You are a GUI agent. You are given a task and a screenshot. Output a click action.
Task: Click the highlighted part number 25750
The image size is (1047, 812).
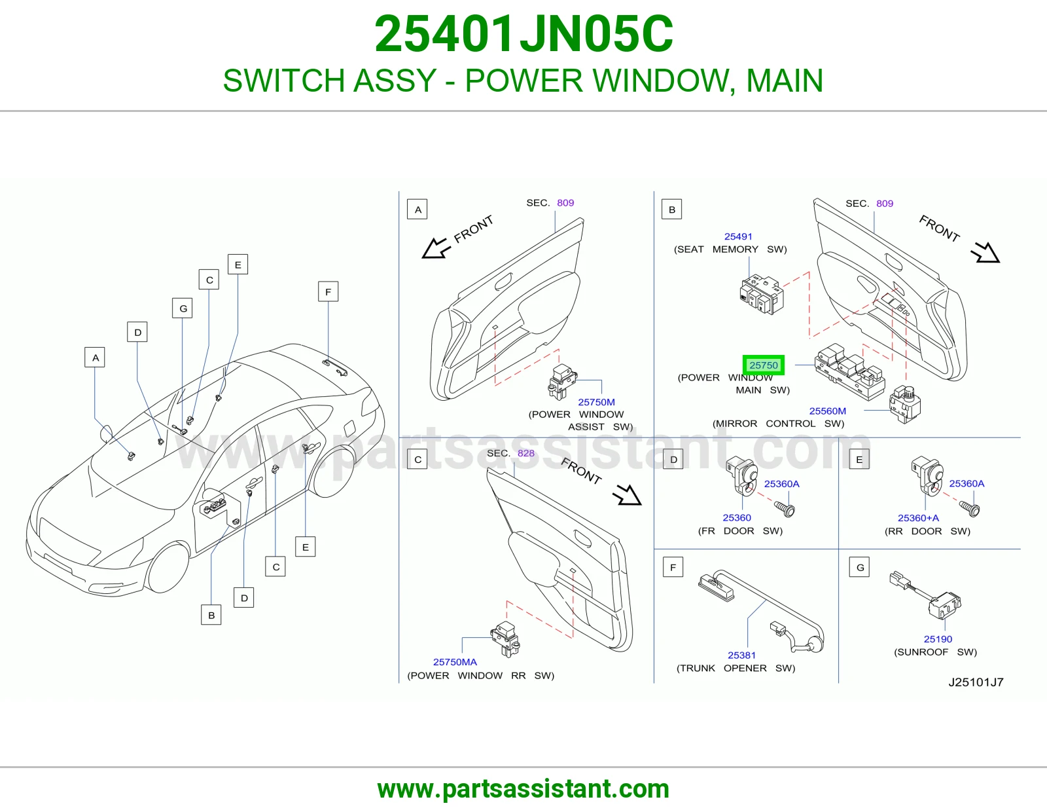click(764, 365)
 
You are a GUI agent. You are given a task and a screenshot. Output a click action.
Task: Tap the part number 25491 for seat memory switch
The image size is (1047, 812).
click(738, 236)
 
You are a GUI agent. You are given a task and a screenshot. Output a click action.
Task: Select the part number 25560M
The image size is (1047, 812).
click(827, 411)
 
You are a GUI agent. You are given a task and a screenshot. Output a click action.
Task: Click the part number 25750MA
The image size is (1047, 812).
click(455, 662)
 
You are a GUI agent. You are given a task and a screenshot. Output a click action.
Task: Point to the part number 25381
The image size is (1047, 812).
click(741, 655)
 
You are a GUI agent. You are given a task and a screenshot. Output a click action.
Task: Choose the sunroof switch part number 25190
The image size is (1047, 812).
click(938, 639)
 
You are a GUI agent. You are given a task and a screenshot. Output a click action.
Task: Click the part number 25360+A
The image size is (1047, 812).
click(918, 518)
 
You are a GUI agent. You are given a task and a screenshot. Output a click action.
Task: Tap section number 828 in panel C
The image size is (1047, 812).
click(525, 453)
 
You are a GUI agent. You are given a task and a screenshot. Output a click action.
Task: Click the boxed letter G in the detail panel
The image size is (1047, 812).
click(860, 568)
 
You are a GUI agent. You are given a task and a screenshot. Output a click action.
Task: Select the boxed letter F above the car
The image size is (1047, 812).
click(328, 291)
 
